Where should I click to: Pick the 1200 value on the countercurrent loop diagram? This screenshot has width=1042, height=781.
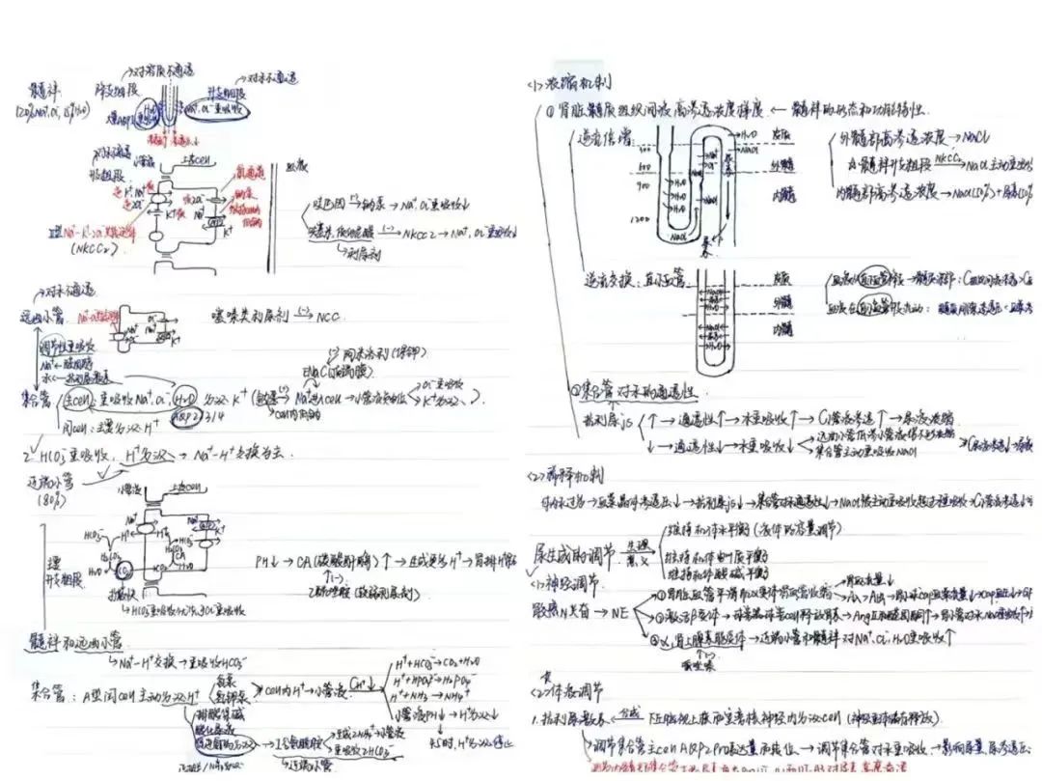[639, 220]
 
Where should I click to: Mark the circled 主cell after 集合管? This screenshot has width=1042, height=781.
[74, 398]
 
